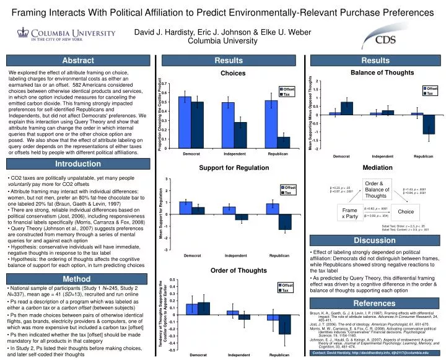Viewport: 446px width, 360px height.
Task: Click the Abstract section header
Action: pos(77,60)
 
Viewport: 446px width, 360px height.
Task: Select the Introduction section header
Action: pos(77,164)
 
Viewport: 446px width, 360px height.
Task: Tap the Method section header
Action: pos(77,279)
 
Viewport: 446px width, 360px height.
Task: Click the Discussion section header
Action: pos(375,240)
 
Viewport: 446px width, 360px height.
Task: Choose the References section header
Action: pos(375,303)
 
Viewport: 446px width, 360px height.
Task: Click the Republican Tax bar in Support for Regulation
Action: pos(285,221)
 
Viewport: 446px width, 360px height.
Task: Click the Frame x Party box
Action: pos(350,213)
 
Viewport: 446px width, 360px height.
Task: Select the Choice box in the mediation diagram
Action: pos(406,212)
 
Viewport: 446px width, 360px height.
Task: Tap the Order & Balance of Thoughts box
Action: pos(377,190)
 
